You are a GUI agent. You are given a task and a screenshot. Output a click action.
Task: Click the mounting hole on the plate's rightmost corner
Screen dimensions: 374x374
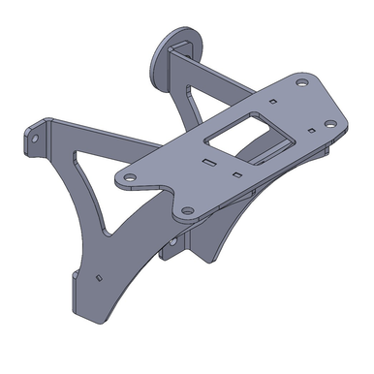coord(329,124)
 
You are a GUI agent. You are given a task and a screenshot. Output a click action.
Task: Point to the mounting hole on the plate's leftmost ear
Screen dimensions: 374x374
coord(128,177)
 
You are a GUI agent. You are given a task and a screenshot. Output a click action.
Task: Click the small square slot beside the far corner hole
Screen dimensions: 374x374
coord(275,99)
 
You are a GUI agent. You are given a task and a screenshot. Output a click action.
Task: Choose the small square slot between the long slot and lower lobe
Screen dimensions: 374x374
coord(237,175)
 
